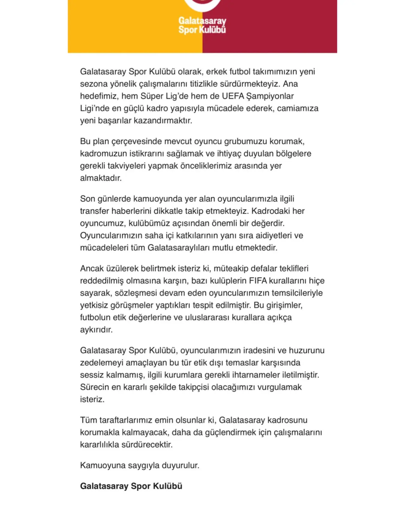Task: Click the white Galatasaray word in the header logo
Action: click(x=202, y=21)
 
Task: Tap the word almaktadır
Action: click(x=101, y=178)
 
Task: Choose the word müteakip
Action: click(x=231, y=268)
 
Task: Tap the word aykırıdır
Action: click(x=96, y=330)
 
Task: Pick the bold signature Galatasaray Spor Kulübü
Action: click(x=131, y=486)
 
